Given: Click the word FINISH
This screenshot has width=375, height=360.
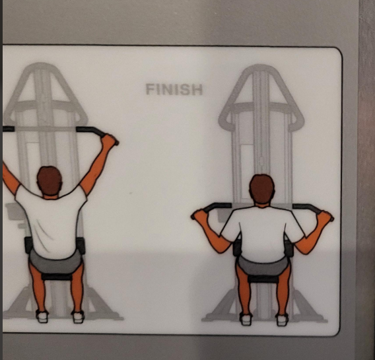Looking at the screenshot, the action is [x=174, y=89].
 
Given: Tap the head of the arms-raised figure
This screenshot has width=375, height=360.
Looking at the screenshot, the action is [x=50, y=180].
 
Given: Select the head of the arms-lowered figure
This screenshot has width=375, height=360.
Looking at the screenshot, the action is [x=262, y=189].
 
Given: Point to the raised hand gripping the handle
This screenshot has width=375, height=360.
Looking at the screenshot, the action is [x=109, y=140].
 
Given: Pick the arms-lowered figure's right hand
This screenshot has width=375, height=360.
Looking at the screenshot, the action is [x=325, y=217].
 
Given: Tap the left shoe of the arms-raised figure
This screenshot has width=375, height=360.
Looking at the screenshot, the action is [x=42, y=316].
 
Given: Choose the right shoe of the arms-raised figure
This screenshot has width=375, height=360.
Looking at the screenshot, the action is [x=79, y=316].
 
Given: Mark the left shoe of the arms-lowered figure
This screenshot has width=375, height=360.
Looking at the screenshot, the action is [x=246, y=319].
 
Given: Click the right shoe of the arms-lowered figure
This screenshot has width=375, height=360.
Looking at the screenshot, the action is [x=282, y=319].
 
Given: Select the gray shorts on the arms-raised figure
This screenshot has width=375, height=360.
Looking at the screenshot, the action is [x=56, y=262].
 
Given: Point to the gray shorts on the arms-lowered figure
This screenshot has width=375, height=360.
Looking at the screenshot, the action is [x=263, y=266].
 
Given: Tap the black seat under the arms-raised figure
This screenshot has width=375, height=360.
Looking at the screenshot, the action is [x=57, y=277].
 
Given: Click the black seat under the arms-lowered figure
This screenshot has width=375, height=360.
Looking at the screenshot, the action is [x=263, y=279].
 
